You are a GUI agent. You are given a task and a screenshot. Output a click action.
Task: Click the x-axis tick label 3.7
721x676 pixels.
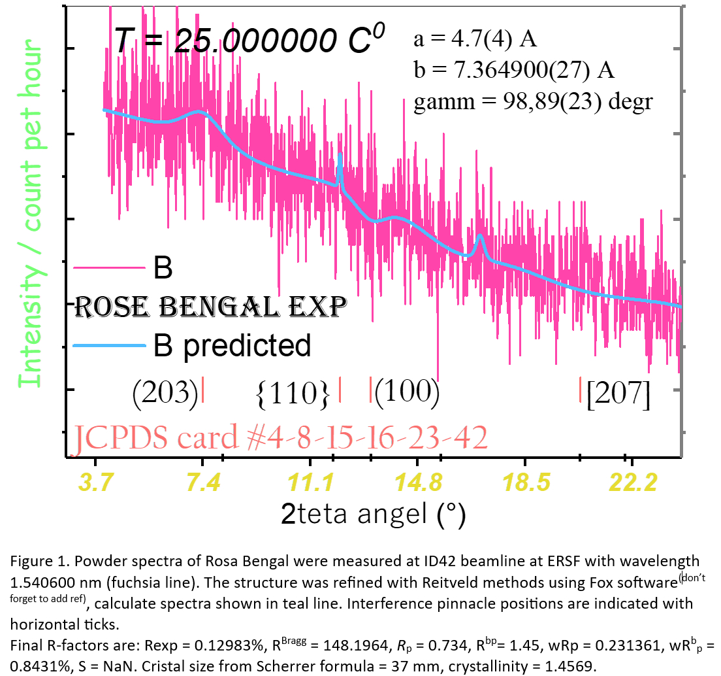(x=96, y=484)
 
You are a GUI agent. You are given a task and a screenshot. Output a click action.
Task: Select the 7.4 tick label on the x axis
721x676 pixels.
(x=202, y=484)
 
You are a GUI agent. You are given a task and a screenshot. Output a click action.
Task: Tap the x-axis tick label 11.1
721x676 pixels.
(x=310, y=484)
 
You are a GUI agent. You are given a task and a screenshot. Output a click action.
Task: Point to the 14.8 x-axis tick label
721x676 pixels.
(x=417, y=484)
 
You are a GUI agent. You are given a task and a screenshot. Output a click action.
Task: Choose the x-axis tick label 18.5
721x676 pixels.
(x=525, y=484)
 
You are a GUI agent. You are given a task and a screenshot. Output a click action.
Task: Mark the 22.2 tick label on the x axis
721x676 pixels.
(x=632, y=484)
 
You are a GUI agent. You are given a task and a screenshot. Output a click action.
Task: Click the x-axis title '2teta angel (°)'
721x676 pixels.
(x=373, y=515)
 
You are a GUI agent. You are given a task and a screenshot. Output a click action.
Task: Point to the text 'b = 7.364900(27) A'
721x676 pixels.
(x=514, y=70)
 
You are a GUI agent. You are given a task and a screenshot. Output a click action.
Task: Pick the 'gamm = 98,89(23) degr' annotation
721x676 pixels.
(x=533, y=101)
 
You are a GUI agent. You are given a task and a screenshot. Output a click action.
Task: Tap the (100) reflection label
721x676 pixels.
(x=406, y=391)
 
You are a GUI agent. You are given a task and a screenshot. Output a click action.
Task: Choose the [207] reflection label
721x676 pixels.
(x=618, y=395)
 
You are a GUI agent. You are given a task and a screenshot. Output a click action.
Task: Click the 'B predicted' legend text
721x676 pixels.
(x=231, y=345)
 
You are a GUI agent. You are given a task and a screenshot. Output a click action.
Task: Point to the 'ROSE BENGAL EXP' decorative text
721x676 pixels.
(x=210, y=306)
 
